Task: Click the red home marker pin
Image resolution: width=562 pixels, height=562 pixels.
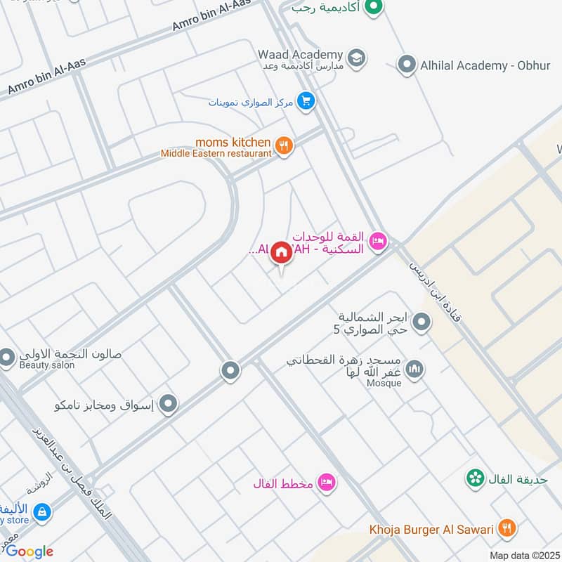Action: [x=281, y=251]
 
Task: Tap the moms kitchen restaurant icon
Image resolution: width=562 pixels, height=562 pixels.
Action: [x=284, y=146]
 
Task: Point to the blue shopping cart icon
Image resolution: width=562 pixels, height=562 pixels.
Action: [x=305, y=101]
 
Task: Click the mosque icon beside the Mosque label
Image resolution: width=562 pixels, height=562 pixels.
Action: [x=414, y=369]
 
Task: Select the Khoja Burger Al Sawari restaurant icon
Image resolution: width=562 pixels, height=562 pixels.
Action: [x=506, y=528]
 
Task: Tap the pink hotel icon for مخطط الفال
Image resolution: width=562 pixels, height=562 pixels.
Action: [x=327, y=482]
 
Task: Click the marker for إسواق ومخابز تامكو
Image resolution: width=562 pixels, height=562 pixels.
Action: [x=168, y=404]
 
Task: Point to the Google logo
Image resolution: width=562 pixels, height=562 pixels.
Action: [x=30, y=551]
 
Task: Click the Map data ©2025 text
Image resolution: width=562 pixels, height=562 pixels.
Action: [x=523, y=555]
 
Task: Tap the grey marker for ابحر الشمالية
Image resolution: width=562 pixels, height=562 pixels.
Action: [x=421, y=322]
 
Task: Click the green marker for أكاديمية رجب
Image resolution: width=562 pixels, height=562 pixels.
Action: [x=376, y=8]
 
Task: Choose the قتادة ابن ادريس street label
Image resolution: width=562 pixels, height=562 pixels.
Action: [x=434, y=291]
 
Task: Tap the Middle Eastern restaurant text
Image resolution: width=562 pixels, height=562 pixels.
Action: [x=216, y=153]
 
